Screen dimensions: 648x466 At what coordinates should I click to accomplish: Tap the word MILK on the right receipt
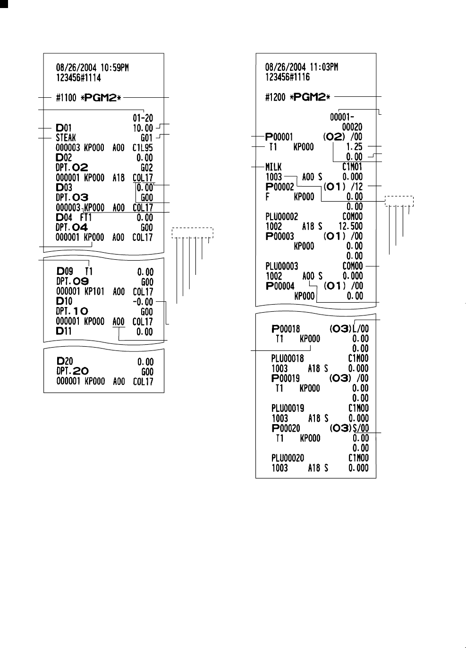pyautogui.click(x=274, y=167)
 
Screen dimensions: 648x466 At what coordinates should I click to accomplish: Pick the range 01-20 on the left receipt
pyautogui.click(x=143, y=119)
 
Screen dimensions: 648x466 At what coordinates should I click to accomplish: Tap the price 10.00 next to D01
pyautogui.click(x=143, y=128)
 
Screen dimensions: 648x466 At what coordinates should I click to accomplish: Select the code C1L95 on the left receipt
pyautogui.click(x=143, y=148)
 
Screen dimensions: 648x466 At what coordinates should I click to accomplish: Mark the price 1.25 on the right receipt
pyautogui.click(x=354, y=147)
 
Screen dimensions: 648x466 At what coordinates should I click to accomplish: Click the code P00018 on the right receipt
pyautogui.click(x=286, y=329)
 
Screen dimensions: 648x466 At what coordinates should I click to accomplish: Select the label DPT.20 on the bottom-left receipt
pyautogui.click(x=72, y=371)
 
